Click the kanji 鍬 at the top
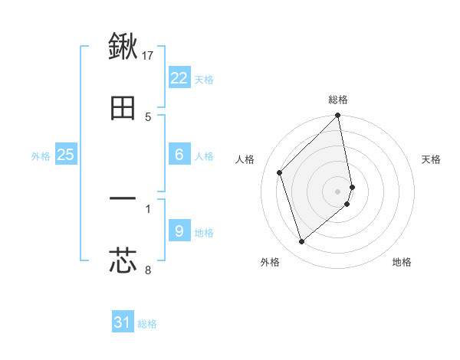pyautogui.click(x=123, y=47)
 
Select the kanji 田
pyautogui.click(x=123, y=109)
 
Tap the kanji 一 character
pyautogui.click(x=123, y=199)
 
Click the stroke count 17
pyautogui.click(x=149, y=55)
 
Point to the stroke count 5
pyautogui.click(x=148, y=116)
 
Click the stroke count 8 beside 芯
pyautogui.click(x=148, y=270)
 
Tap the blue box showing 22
pyautogui.click(x=179, y=78)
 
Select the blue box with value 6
pyautogui.click(x=179, y=155)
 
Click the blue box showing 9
pyautogui.click(x=179, y=231)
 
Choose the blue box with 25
pyautogui.click(x=66, y=155)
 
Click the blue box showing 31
pyautogui.click(x=123, y=322)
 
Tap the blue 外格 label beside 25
pyautogui.click(x=41, y=155)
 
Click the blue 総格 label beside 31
pyautogui.click(x=147, y=324)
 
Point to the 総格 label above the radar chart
pyautogui.click(x=338, y=100)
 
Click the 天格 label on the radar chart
pyautogui.click(x=432, y=159)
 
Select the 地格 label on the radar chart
pyautogui.click(x=402, y=262)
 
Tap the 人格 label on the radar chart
pyautogui.click(x=245, y=159)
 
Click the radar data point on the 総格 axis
pyautogui.click(x=338, y=116)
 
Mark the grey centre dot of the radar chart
pyautogui.click(x=338, y=191)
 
